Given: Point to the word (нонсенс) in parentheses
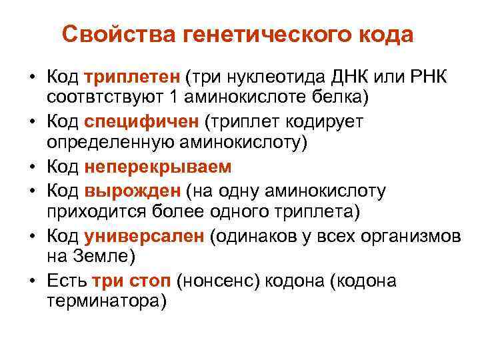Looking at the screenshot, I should [219, 281].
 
